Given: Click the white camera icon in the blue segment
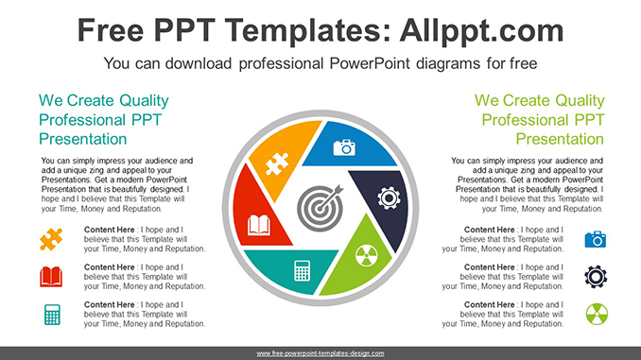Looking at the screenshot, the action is (344, 147).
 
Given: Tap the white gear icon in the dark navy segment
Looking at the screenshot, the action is (389, 198).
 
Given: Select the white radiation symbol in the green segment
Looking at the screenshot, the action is (366, 255).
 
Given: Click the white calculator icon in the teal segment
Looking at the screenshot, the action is (303, 270).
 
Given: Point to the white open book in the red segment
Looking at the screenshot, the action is (259, 225).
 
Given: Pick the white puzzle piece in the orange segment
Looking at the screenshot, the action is (277, 163).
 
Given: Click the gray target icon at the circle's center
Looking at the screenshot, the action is (320, 208).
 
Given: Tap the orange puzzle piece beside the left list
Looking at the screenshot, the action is (51, 239).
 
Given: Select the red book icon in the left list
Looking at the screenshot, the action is (51, 277).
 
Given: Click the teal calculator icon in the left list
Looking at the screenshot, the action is (52, 315).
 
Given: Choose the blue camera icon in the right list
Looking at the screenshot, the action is (596, 239).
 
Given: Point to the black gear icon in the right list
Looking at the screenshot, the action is (596, 277).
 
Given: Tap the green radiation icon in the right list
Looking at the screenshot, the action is (597, 315).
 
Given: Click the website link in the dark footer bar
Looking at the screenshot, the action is (320, 353).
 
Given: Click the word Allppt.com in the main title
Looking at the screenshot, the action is (481, 31).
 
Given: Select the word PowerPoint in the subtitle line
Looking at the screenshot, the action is (370, 63).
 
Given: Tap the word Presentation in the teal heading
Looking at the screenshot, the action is (82, 139).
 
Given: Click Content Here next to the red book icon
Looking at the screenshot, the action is (109, 267).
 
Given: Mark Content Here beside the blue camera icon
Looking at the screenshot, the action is (490, 230).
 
